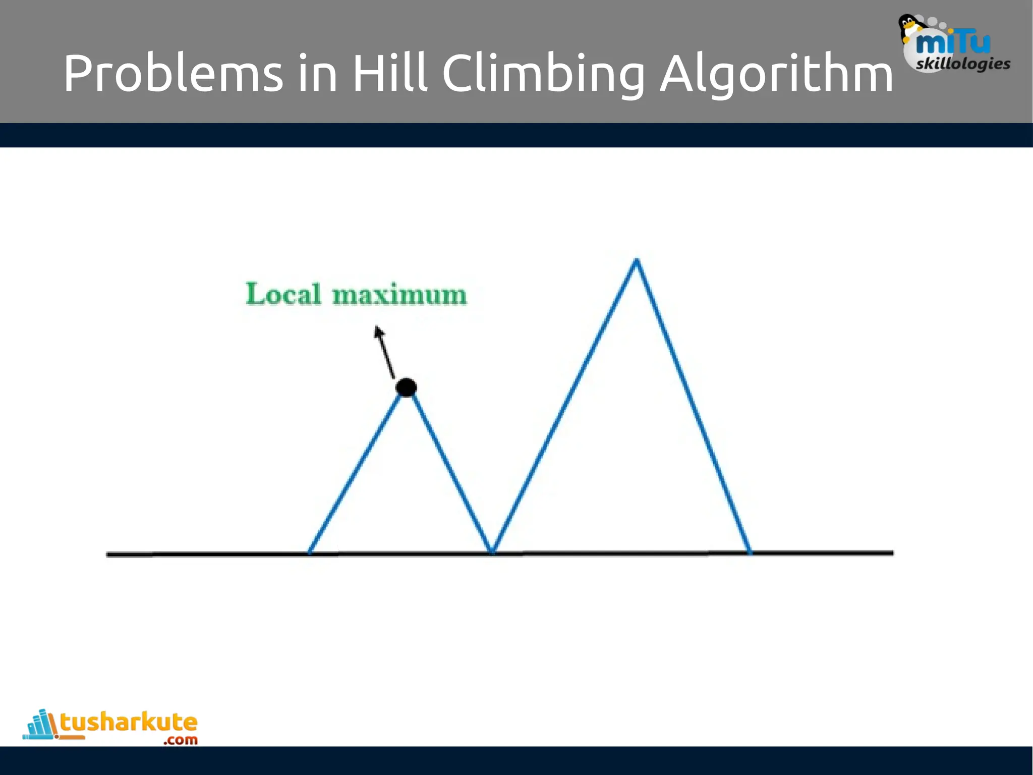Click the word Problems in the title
(x=173, y=74)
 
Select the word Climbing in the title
(x=544, y=74)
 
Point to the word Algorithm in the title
(x=777, y=74)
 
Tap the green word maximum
(x=399, y=295)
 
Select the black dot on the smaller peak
(x=406, y=387)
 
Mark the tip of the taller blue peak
(x=637, y=261)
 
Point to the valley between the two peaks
(x=492, y=551)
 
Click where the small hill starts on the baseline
(x=310, y=552)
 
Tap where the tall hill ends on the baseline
(x=750, y=552)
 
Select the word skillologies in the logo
(x=963, y=64)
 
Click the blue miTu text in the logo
(x=952, y=43)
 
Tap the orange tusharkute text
(x=129, y=723)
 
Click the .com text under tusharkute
(x=180, y=740)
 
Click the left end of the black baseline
(x=108, y=555)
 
